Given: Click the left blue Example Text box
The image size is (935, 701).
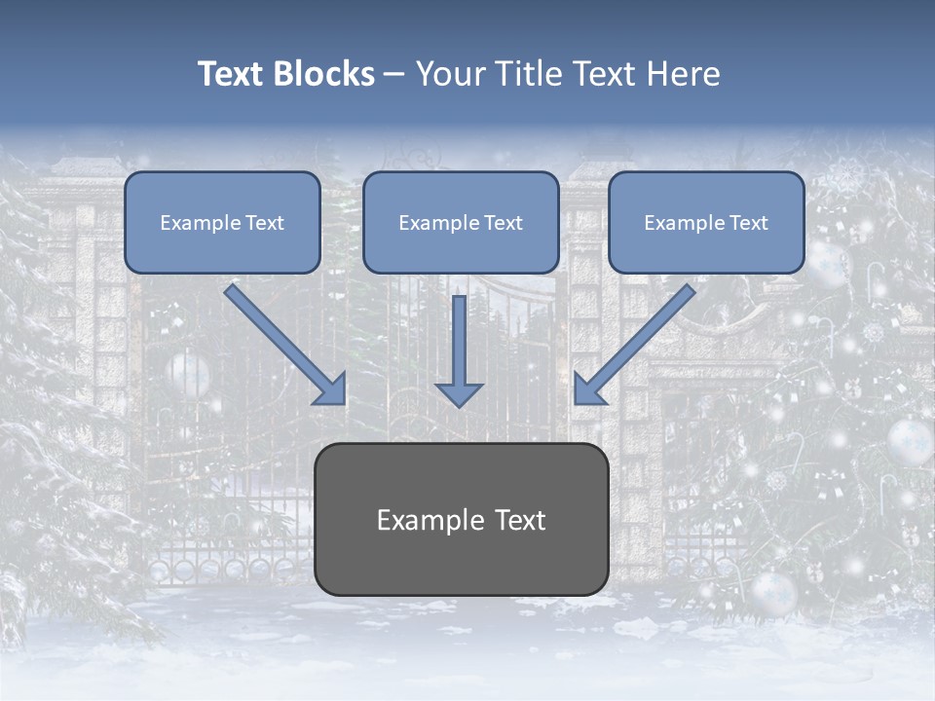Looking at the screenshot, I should pos(222,222).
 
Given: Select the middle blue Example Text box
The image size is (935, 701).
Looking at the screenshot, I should pos(461,222).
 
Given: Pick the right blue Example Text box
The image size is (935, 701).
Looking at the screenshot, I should pos(706,222).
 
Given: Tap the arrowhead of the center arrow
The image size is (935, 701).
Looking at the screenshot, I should pos(459,393).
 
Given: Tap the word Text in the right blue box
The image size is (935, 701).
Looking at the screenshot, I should pos(748,223).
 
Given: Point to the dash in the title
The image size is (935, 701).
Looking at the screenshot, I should pos(395,75).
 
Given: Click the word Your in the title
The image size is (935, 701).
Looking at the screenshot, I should pos(444,74).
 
